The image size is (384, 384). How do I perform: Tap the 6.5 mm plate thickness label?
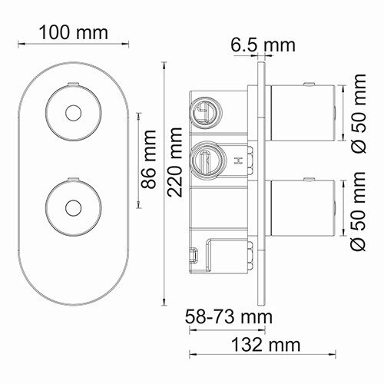point(263,45)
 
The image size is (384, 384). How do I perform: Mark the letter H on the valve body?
point(238,161)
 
